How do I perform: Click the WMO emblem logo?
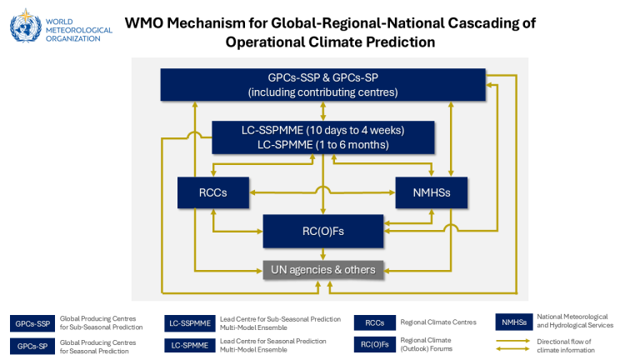(x=24, y=25)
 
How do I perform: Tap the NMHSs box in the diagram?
(x=431, y=193)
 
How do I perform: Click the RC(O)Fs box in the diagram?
(x=323, y=231)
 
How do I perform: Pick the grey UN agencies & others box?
(x=323, y=269)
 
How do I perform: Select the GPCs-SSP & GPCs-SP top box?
(x=323, y=85)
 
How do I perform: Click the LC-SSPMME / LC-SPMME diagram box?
(x=323, y=137)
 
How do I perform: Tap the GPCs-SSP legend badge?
(x=33, y=322)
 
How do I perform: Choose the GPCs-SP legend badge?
(x=33, y=344)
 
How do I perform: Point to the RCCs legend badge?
(x=375, y=322)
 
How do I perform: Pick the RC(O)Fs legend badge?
(x=375, y=344)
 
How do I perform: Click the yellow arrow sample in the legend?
(x=514, y=345)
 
